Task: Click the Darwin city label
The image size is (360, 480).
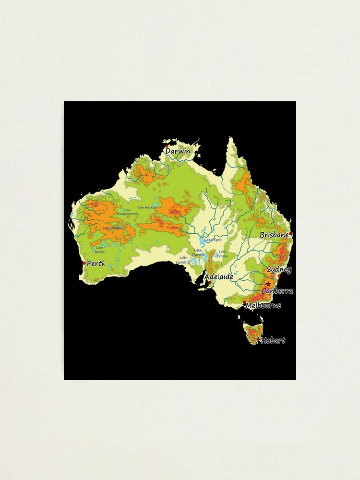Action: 178,151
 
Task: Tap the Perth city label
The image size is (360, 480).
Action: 96,264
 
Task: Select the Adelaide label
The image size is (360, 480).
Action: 219,277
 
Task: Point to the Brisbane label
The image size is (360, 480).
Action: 274,235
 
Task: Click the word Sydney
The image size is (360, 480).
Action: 279,270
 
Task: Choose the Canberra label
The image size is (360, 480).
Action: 277,291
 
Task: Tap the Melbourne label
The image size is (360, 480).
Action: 263,305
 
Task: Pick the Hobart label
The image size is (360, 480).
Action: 273,340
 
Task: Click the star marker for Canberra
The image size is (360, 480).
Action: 268,284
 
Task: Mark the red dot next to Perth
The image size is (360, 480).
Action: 84,263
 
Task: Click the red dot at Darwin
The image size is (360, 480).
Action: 167,146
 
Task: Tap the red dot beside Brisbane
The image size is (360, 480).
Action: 290,234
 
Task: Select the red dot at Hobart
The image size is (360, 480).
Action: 258,339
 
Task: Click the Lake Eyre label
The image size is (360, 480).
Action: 213,240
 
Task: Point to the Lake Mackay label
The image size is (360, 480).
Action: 147,207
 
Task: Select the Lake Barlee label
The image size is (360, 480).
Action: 99,250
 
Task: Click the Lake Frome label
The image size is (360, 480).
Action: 223,253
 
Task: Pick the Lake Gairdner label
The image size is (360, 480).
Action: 183,260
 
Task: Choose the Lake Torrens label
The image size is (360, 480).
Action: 198,252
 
